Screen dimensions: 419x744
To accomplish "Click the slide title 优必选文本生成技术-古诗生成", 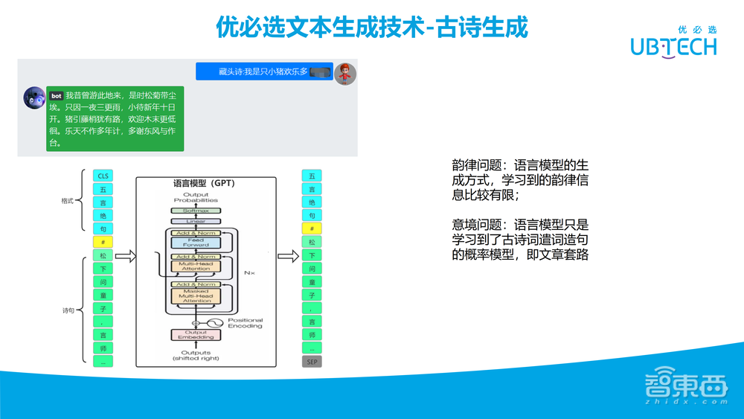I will (371, 28).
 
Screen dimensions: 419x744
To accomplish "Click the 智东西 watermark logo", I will (685, 387).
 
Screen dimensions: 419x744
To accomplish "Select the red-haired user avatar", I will (344, 73).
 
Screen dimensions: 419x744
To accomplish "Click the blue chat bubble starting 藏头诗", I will (264, 72).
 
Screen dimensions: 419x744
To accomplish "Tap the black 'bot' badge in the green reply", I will (56, 96).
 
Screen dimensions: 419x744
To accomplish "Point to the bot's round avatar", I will (34, 97).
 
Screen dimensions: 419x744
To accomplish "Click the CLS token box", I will (103, 176).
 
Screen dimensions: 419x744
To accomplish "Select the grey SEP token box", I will (312, 362).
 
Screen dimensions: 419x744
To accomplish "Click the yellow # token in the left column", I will (103, 242).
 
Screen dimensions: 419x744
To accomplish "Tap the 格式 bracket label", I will (67, 202).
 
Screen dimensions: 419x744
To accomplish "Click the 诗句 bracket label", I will (67, 309).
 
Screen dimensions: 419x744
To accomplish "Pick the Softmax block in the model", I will (196, 211).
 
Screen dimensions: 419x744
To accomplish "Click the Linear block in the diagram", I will (196, 221).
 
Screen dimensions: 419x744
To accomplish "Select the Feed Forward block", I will (196, 243).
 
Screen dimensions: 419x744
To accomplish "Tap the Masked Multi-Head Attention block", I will (196, 296).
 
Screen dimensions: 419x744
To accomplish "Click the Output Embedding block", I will (196, 335).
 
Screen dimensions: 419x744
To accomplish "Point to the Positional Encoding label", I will (245, 323).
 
